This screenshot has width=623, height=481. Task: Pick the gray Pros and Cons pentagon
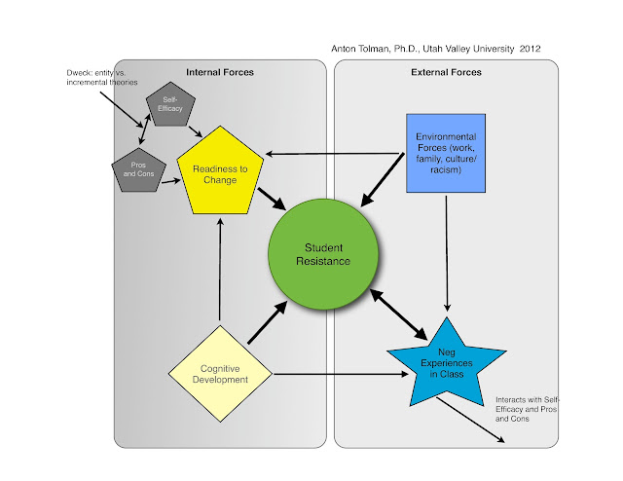134,168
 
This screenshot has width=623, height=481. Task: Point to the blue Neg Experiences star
447,361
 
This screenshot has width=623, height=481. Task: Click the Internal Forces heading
219,72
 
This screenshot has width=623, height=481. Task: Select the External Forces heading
446,72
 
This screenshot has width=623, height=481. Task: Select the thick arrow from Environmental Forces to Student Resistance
384,179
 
